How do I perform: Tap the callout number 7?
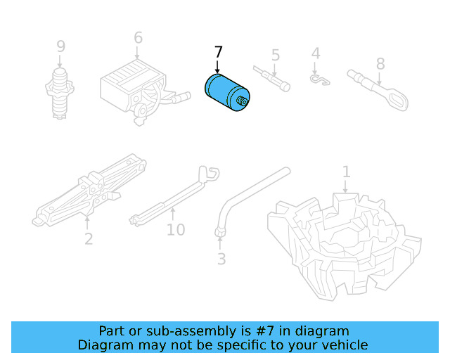pyautogui.click(x=218, y=53)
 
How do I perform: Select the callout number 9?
pyautogui.click(x=61, y=46)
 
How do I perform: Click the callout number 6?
pyautogui.click(x=138, y=38)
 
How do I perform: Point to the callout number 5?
pyautogui.click(x=276, y=55)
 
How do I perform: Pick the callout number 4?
pyautogui.click(x=316, y=53)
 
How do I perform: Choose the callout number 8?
pyautogui.click(x=380, y=64)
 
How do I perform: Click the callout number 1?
pyautogui.click(x=346, y=172)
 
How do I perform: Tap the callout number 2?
pyautogui.click(x=89, y=239)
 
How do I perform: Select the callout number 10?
pyautogui.click(x=176, y=230)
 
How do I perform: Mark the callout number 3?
pyautogui.click(x=221, y=259)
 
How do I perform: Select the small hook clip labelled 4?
pyautogui.click(x=319, y=80)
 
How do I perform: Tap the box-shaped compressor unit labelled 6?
pyautogui.click(x=134, y=88)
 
